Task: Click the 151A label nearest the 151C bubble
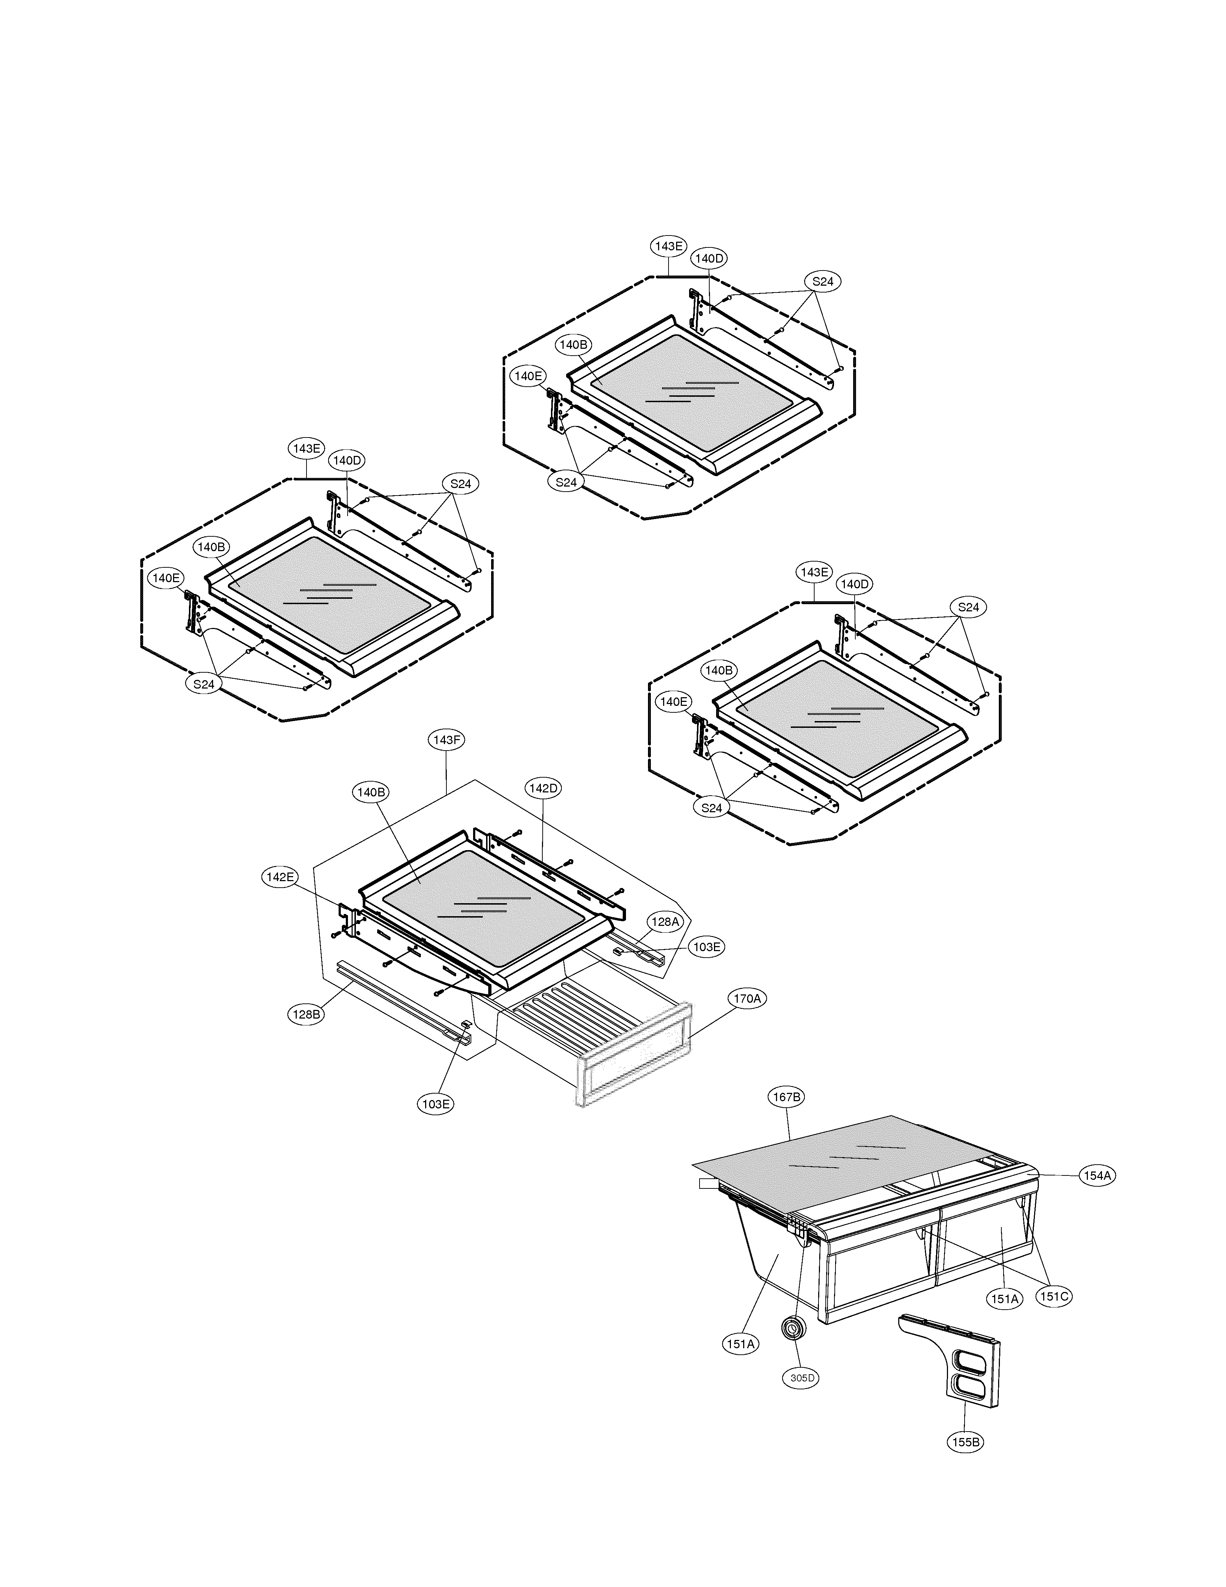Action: (1005, 1298)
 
